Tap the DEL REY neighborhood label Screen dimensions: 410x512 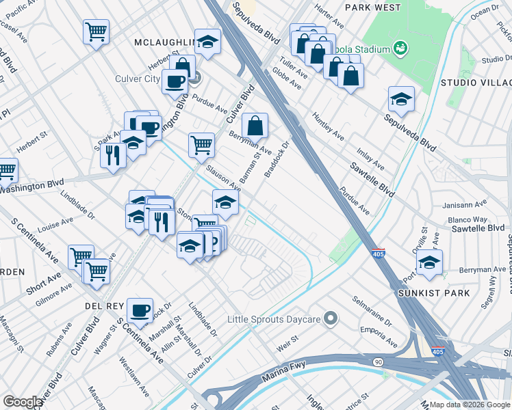pos(103,305)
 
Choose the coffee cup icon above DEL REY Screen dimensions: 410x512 pos(141,311)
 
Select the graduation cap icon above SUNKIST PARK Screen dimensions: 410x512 pos(429,262)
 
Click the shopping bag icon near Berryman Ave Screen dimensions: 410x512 pos(255,126)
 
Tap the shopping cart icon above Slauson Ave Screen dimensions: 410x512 pos(201,144)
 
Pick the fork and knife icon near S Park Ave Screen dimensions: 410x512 pos(112,155)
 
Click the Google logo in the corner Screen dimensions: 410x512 pos(23,402)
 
